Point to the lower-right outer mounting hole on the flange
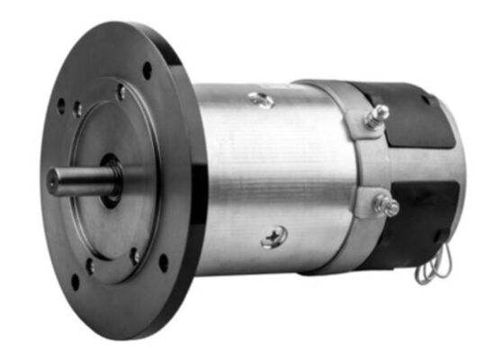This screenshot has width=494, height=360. [163, 262]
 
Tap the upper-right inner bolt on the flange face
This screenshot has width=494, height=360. [121, 92]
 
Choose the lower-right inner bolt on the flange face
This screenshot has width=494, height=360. [135, 255]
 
